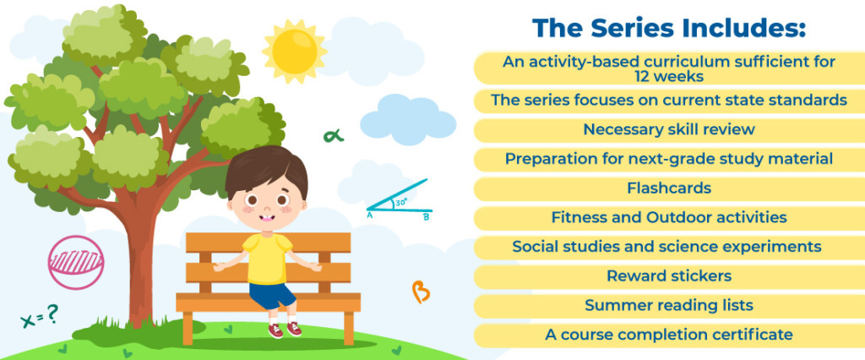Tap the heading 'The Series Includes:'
coord(669,27)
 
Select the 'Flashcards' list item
coord(669,188)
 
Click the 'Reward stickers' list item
coord(669,276)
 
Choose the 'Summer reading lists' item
coord(669,305)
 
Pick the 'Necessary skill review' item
coord(669,130)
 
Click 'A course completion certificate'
coord(669,335)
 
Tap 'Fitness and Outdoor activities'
coord(669,218)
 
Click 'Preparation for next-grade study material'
coord(669,159)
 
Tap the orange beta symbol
coord(420,292)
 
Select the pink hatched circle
coord(76,263)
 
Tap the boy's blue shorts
coord(272,295)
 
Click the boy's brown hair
coord(266,168)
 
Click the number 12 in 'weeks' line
coord(632,75)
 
